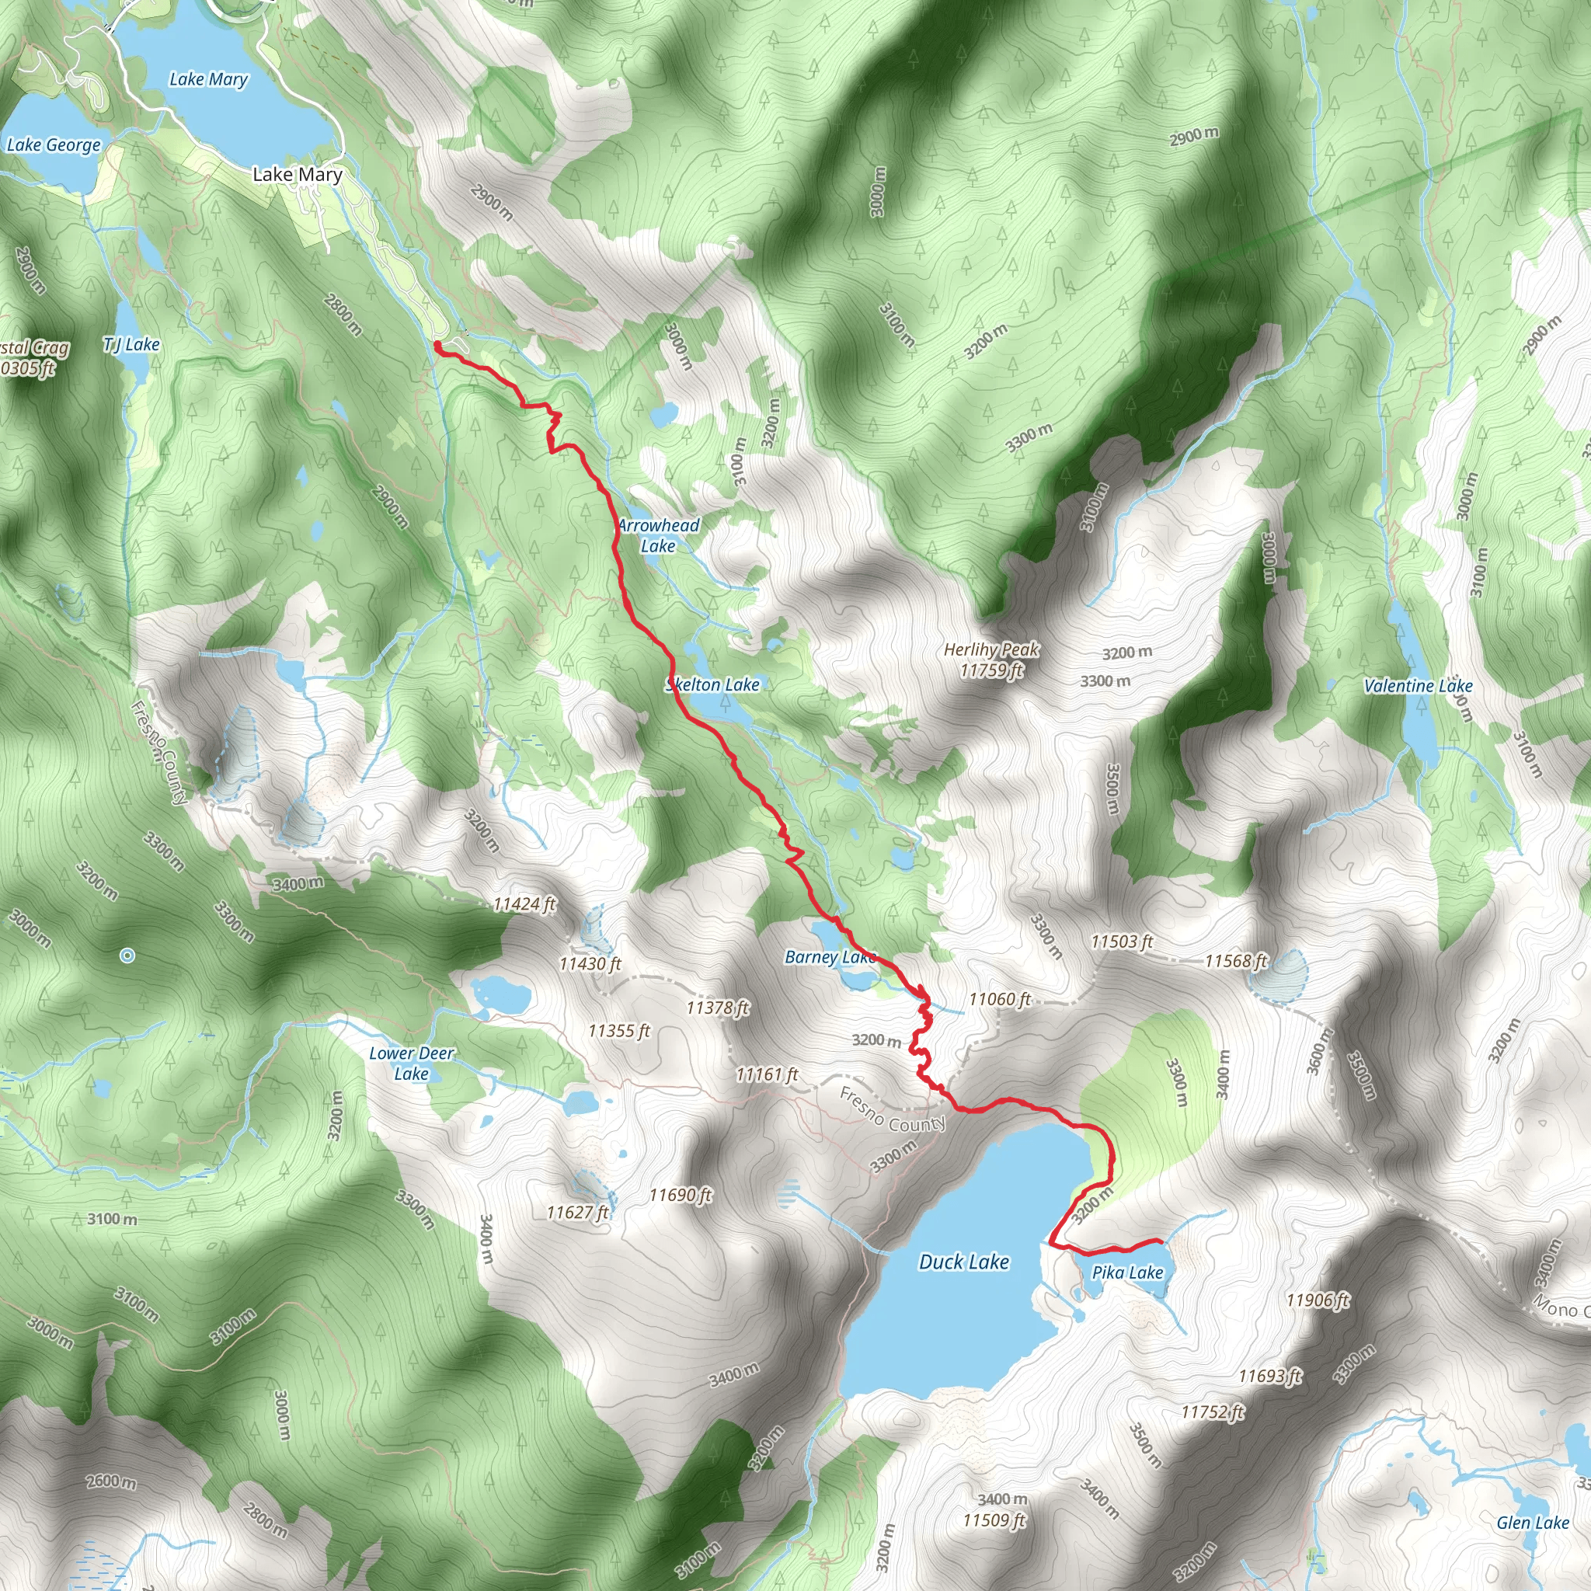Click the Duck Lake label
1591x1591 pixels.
tap(963, 1262)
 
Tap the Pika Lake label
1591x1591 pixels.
tap(1126, 1272)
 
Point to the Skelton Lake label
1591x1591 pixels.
tap(712, 684)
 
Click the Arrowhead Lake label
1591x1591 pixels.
tap(658, 535)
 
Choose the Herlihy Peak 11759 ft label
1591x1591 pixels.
tap(991, 660)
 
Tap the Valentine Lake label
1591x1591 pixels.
tap(1418, 685)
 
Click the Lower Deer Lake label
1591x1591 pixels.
tap(411, 1064)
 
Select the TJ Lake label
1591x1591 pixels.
tap(132, 344)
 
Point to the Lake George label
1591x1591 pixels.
tap(54, 145)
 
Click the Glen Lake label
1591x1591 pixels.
tap(1533, 1523)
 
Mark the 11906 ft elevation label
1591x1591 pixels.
tap(1318, 1300)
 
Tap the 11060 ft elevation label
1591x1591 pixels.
tap(1000, 999)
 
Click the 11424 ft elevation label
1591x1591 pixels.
tap(524, 904)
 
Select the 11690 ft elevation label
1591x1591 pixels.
tap(681, 1195)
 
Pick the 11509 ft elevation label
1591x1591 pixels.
tap(995, 1520)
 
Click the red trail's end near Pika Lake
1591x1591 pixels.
tap(1161, 1240)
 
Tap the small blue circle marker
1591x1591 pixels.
tap(127, 956)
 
